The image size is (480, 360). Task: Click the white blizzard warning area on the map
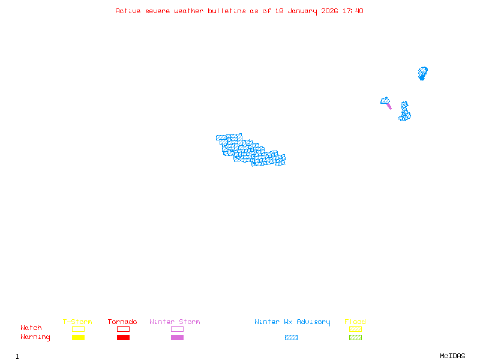point(247,136)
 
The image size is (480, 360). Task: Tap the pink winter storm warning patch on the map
point(389,106)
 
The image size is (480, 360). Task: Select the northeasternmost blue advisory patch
point(423,73)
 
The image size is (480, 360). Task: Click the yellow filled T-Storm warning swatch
point(78,338)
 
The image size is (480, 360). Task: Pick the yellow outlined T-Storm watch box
point(78,329)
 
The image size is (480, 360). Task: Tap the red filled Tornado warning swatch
point(123,338)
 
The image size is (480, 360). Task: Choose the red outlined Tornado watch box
point(123,329)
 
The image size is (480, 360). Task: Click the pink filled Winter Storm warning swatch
point(177,338)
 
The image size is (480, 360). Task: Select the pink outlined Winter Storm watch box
point(177,329)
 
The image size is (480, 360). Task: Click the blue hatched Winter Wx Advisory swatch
point(291,338)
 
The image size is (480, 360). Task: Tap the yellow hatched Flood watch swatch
point(355,329)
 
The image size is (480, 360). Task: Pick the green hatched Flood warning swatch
point(355,338)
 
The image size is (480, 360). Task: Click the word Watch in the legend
point(31,328)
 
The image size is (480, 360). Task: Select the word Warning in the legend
point(35,337)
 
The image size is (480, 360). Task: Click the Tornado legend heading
point(122,322)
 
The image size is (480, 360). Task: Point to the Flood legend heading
point(355,322)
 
